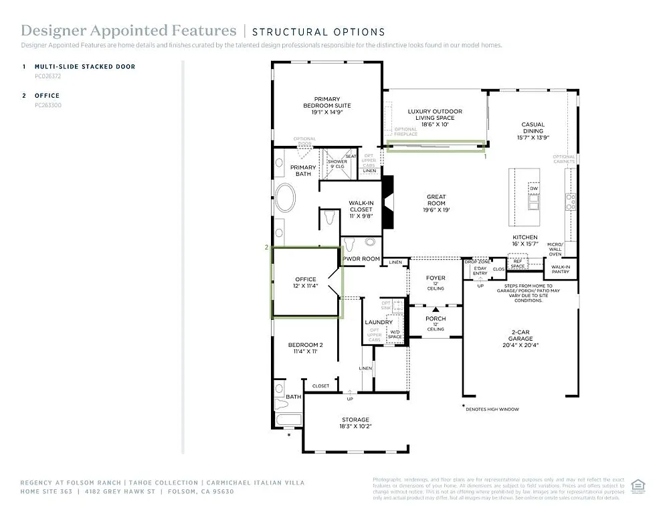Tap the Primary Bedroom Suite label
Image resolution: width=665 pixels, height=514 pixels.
[x=326, y=106]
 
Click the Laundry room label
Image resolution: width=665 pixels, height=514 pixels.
[x=379, y=323]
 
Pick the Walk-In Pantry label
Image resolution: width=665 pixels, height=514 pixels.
[x=560, y=269]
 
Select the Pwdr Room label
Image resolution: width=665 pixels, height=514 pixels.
[x=361, y=259]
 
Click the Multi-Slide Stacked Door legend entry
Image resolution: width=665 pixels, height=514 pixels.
[x=84, y=67]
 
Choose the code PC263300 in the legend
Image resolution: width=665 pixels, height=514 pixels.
[x=48, y=105]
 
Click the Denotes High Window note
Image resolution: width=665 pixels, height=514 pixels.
[x=493, y=409]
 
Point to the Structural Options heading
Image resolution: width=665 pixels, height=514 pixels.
[x=318, y=31]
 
